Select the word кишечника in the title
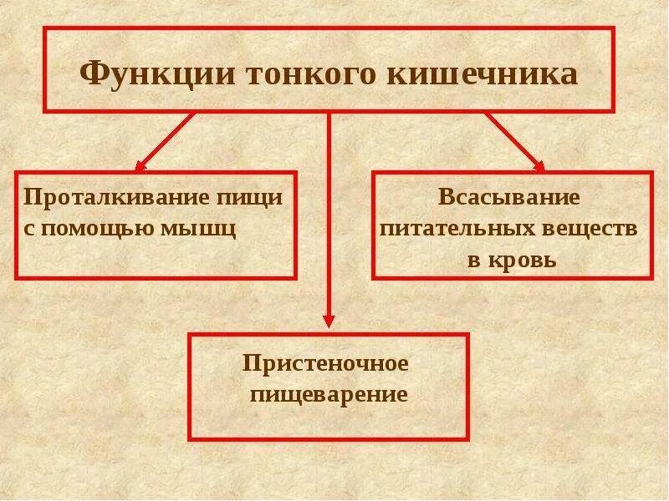pyautogui.click(x=482, y=73)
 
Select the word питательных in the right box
pyautogui.click(x=457, y=227)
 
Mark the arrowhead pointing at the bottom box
pyautogui.click(x=329, y=320)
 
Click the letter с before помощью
pyautogui.click(x=28, y=228)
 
